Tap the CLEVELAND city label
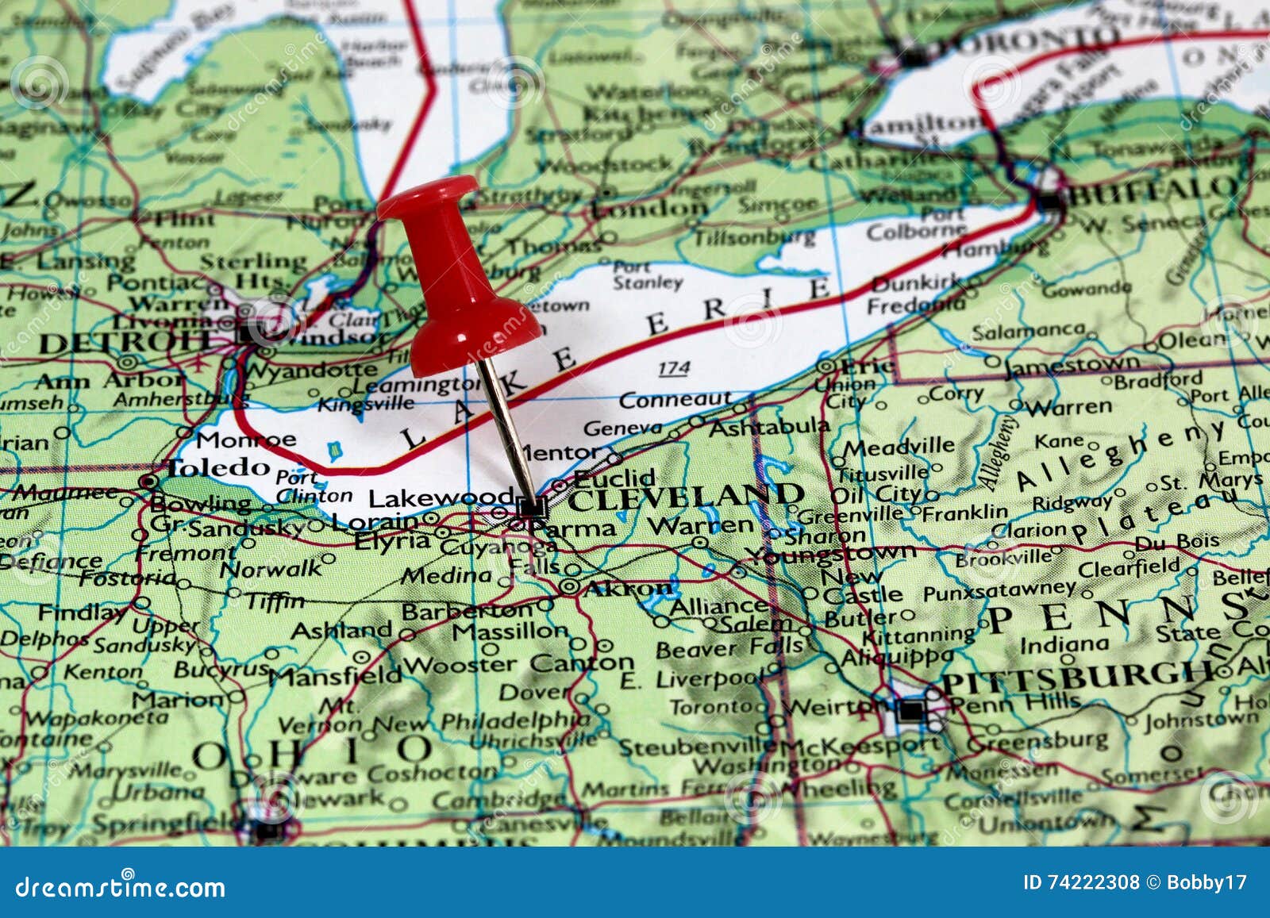(x=684, y=497)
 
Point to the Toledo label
(x=217, y=468)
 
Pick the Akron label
(x=628, y=589)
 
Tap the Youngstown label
(x=833, y=553)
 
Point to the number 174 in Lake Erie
(x=673, y=368)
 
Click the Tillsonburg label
(x=754, y=237)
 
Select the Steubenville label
(x=697, y=747)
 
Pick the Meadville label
(x=899, y=447)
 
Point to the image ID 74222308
(x=1082, y=882)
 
